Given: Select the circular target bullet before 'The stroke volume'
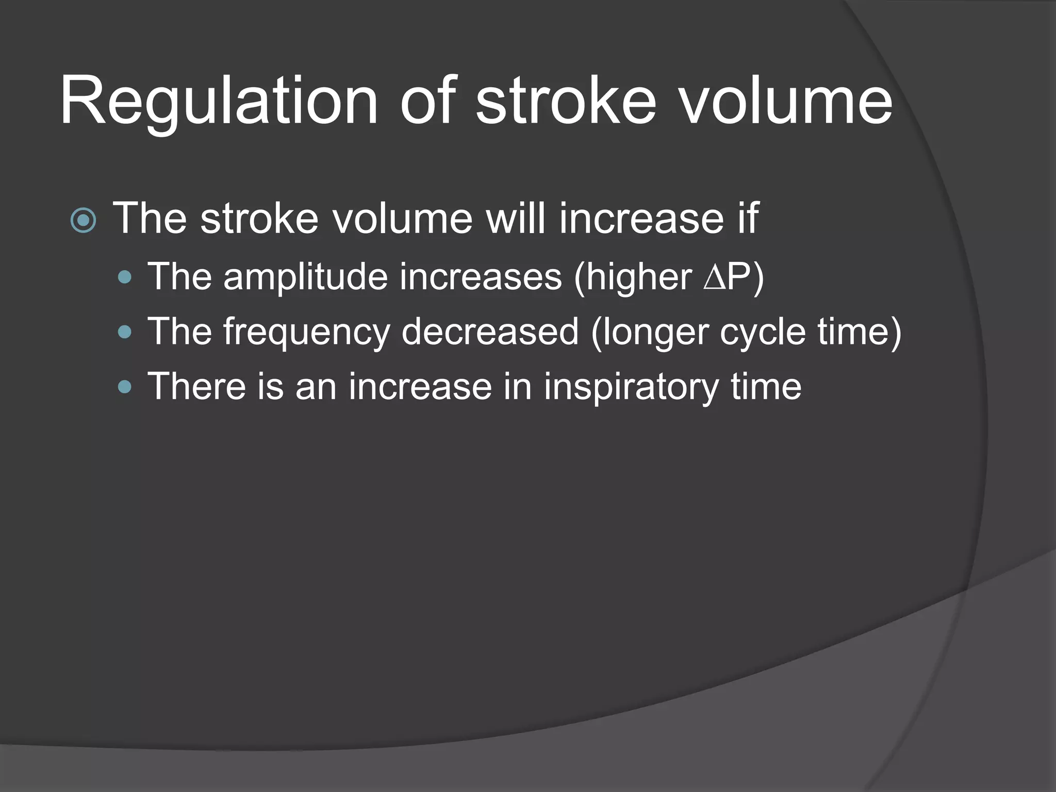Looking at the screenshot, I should pyautogui.click(x=84, y=221).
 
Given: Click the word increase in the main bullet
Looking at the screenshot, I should pyautogui.click(x=641, y=219).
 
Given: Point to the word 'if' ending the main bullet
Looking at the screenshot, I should pyautogui.click(x=747, y=219).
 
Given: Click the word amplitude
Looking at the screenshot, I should pyautogui.click(x=305, y=277).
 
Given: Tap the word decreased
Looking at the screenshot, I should pyautogui.click(x=490, y=332).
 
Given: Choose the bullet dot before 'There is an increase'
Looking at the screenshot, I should pyautogui.click(x=125, y=387).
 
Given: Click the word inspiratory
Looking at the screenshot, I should pyautogui.click(x=631, y=387).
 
